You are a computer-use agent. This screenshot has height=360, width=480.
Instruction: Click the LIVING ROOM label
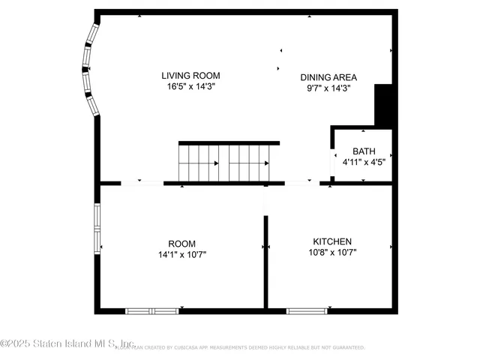191,75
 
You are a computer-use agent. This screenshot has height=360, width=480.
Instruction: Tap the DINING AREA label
328,77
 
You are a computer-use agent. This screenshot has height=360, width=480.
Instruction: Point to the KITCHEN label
332,241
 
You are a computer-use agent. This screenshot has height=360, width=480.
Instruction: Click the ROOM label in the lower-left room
181,244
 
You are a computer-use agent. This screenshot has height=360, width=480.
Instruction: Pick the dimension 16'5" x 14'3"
191,86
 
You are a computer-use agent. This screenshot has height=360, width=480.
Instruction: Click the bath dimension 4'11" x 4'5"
364,161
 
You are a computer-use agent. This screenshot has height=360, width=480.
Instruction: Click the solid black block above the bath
384,105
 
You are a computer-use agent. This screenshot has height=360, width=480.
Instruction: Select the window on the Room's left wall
96,229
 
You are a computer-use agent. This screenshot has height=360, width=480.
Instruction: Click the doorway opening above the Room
142,182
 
